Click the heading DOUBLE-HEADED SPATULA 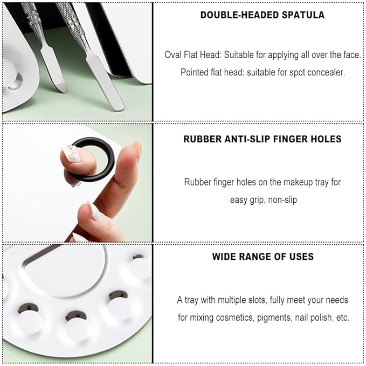pyautogui.click(x=263, y=15)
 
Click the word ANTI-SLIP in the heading pyautogui.click(x=247, y=139)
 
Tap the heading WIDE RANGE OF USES pyautogui.click(x=263, y=257)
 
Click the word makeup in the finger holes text pyautogui.click(x=286, y=182)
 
